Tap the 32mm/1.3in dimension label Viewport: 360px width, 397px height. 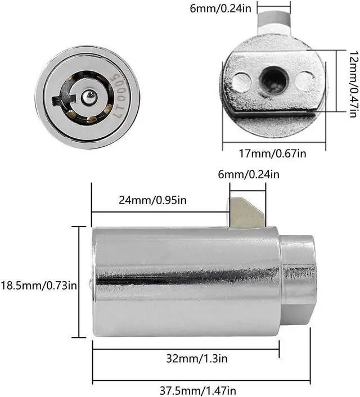point(185,358)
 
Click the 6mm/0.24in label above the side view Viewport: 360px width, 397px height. point(249,174)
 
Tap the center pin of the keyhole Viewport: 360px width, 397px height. point(88,97)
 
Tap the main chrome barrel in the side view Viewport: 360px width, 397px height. point(186,281)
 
